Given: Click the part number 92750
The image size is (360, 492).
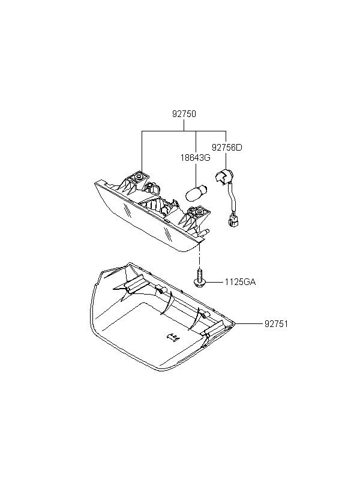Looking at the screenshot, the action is coord(184,114).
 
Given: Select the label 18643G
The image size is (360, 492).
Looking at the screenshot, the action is coord(195,158).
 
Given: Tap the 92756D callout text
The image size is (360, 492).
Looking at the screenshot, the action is coord(227,148).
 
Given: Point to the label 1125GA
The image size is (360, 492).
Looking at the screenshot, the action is coord(240,282).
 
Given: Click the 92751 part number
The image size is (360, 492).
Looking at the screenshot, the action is coord(276,324).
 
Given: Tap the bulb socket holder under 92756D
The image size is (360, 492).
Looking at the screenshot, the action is coord(223,176).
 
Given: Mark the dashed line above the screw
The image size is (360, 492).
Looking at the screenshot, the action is coord(199,256).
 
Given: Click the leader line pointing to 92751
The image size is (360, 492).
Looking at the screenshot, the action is coord(249,323).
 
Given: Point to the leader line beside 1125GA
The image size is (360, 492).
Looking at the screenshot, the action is coord(214,282).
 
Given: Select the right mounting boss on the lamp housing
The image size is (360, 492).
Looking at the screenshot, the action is coord(199,213).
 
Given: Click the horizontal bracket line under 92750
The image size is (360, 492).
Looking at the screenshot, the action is coord(184,131).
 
